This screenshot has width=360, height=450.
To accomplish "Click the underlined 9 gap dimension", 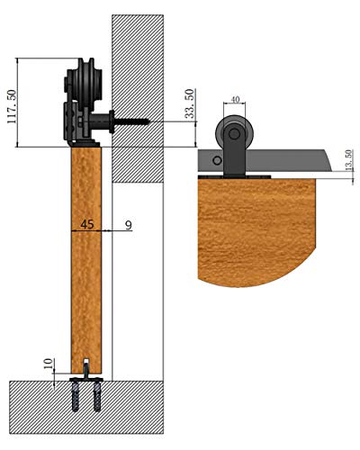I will (x=128, y=223).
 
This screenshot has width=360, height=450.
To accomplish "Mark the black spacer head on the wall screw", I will (x=110, y=118).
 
